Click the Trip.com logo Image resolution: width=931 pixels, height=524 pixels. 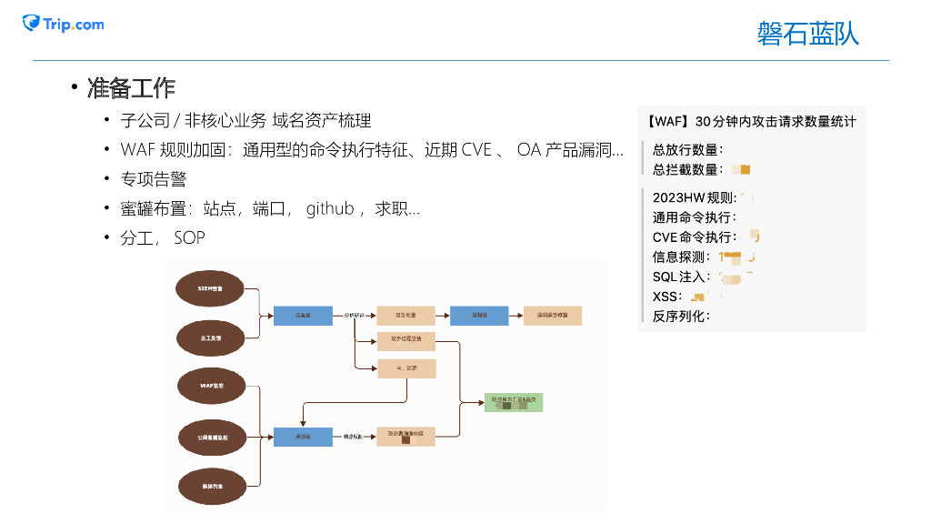(x=64, y=24)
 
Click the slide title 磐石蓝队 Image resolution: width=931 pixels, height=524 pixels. (x=807, y=34)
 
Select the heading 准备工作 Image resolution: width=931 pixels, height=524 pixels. (x=131, y=88)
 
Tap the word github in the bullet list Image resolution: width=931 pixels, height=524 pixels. (x=330, y=208)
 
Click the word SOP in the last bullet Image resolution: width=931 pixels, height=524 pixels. (x=189, y=237)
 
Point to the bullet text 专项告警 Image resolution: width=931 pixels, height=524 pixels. (x=153, y=179)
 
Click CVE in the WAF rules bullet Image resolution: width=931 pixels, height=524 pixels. (x=476, y=150)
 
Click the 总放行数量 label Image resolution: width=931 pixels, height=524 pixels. (x=688, y=150)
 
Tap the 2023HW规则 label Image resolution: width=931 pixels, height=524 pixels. (x=695, y=197)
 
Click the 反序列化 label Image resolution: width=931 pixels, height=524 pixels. (x=681, y=317)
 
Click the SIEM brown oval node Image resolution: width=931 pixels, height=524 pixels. (x=210, y=288)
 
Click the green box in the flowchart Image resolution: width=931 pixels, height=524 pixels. (x=514, y=400)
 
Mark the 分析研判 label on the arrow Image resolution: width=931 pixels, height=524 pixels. (x=355, y=316)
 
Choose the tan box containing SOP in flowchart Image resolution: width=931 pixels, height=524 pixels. (x=406, y=368)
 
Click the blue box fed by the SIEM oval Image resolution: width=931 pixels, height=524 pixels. (x=302, y=316)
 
